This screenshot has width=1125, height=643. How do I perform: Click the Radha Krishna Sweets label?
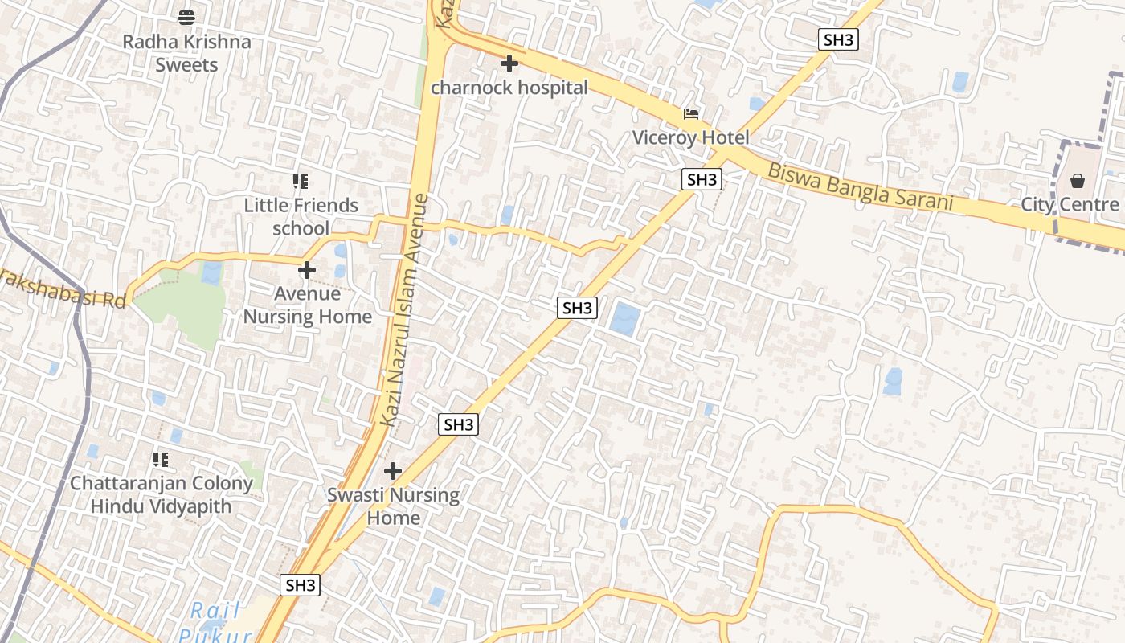coord(186,53)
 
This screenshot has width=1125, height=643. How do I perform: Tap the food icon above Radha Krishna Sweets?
coord(186,17)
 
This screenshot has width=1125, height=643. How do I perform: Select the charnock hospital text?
coord(509,88)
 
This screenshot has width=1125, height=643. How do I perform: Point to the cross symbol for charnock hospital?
coord(509,63)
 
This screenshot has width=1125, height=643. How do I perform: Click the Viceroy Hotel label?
coord(690,137)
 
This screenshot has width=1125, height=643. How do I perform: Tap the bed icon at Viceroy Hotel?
coord(690,114)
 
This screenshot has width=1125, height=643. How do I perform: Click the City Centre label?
coord(1070,204)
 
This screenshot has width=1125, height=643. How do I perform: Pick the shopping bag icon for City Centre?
coord(1078,181)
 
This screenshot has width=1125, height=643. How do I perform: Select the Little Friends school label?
coord(301,217)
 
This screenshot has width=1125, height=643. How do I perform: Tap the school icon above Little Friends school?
coord(301,182)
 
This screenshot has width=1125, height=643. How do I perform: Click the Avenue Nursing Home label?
coord(308,305)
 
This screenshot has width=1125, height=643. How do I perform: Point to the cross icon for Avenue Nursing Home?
coord(307,270)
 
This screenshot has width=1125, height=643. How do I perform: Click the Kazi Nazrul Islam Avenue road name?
coord(405,309)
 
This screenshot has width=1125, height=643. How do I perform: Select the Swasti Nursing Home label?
coord(393,506)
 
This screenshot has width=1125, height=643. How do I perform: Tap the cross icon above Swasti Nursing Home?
coord(393,471)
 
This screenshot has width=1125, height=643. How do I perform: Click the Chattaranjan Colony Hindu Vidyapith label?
coord(161,495)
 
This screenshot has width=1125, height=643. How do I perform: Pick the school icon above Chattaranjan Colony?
coord(161,460)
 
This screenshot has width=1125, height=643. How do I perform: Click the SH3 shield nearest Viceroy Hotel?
coord(702,179)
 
